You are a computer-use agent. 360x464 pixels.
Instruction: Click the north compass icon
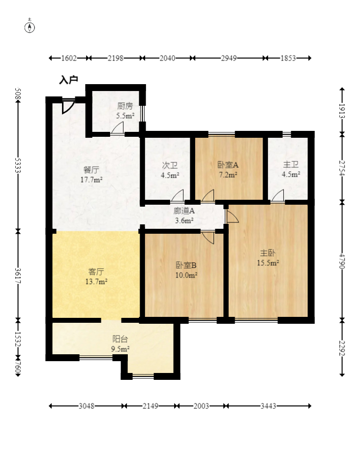pyautogui.click(x=30, y=27)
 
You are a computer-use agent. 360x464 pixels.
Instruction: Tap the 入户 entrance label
pyautogui.click(x=68, y=80)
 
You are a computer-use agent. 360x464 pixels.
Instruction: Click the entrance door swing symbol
pyautogui.click(x=68, y=107)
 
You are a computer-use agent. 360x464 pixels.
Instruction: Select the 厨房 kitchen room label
pyautogui.click(x=125, y=111)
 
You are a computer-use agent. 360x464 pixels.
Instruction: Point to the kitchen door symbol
pyautogui.click(x=117, y=129)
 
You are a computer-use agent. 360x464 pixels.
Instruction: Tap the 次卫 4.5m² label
pyautogui.click(x=170, y=170)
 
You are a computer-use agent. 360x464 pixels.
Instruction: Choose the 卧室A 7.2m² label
pyautogui.click(x=228, y=170)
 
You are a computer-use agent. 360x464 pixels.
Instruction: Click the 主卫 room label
pyautogui.click(x=291, y=170)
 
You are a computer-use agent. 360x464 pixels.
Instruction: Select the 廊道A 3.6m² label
pyautogui.click(x=184, y=216)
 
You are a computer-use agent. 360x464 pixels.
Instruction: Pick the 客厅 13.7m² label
pyautogui.click(x=96, y=276)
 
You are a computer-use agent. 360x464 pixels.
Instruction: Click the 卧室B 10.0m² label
pyautogui.click(x=186, y=269)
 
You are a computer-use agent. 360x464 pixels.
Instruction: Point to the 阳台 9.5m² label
pyautogui.click(x=120, y=343)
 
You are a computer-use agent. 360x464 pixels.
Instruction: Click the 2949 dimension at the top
pyautogui.click(x=229, y=58)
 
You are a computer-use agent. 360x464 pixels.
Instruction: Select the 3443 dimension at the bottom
pyautogui.click(x=268, y=406)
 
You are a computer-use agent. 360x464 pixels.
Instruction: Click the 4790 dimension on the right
pyautogui.click(x=342, y=260)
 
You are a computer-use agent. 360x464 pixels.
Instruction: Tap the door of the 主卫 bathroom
pyautogui.click(x=278, y=196)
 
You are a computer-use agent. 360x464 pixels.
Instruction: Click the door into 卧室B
pyautogui.click(x=208, y=237)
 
